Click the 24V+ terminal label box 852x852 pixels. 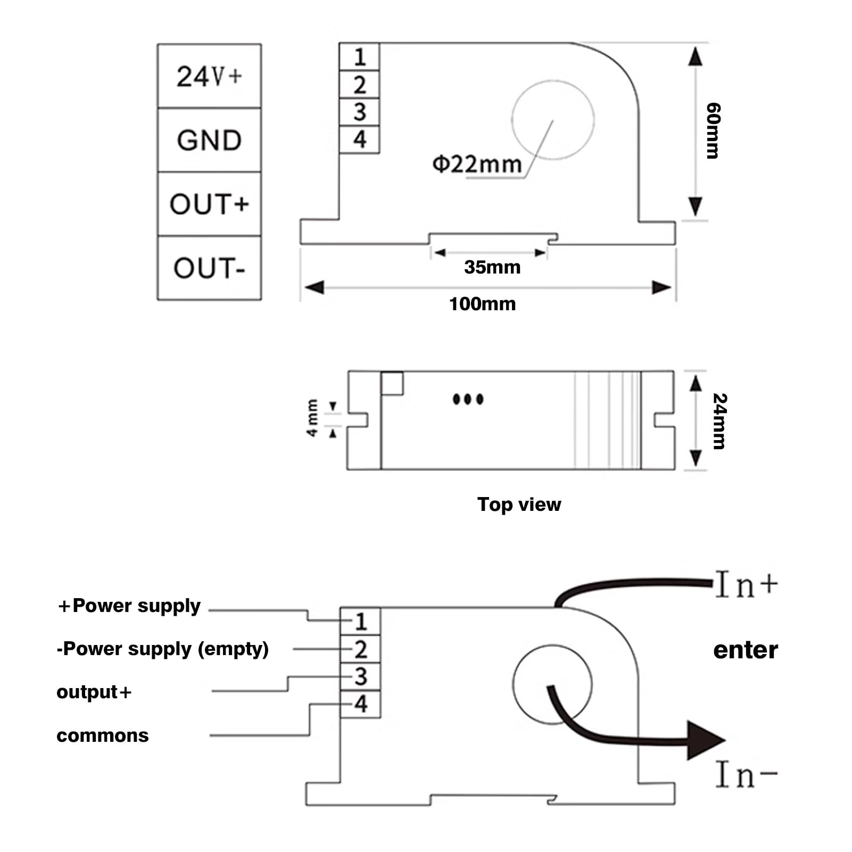pyautogui.click(x=209, y=76)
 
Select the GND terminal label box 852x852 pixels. pyautogui.click(x=209, y=140)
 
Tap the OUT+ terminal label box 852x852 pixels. pyautogui.click(x=209, y=204)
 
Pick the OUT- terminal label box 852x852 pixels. pyautogui.click(x=209, y=268)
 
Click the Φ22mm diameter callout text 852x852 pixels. pyautogui.click(x=477, y=164)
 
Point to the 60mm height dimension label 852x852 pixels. pyautogui.click(x=713, y=130)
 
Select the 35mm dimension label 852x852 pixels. pyautogui.click(x=492, y=267)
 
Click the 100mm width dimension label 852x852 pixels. pyautogui.click(x=483, y=304)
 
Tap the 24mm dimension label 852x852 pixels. pyautogui.click(x=719, y=421)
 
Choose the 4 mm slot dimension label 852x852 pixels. pyautogui.click(x=312, y=418)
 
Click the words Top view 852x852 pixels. pyautogui.click(x=519, y=504)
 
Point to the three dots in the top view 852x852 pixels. pyautogui.click(x=468, y=399)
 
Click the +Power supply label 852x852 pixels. pyautogui.click(x=129, y=606)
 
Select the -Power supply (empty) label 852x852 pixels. pyautogui.click(x=163, y=649)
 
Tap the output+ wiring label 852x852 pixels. pyautogui.click(x=94, y=692)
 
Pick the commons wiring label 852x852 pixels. pyautogui.click(x=103, y=735)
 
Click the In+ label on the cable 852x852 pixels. pyautogui.click(x=746, y=584)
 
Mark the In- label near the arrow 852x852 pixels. pyautogui.click(x=746, y=775)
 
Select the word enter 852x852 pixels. pyautogui.click(x=746, y=650)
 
